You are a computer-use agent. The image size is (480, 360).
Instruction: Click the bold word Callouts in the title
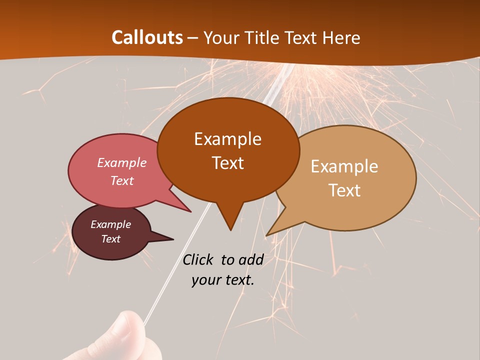[147, 37]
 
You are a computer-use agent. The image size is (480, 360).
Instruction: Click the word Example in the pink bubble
[122, 162]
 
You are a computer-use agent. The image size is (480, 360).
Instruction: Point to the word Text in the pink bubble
[122, 180]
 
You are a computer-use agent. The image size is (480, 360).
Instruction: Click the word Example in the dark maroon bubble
[111, 224]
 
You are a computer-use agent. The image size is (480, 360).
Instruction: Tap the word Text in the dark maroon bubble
[111, 239]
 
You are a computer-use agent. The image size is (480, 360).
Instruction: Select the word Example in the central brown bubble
[228, 139]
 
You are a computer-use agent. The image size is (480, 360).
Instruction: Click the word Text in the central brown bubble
[228, 163]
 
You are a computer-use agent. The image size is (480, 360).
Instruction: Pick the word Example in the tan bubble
[344, 166]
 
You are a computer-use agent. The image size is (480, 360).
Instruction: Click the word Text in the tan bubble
[344, 190]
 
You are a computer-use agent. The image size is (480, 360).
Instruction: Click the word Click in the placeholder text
[199, 259]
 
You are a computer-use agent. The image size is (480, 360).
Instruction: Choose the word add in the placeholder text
[251, 259]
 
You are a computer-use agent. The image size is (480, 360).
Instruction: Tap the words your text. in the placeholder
[223, 280]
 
